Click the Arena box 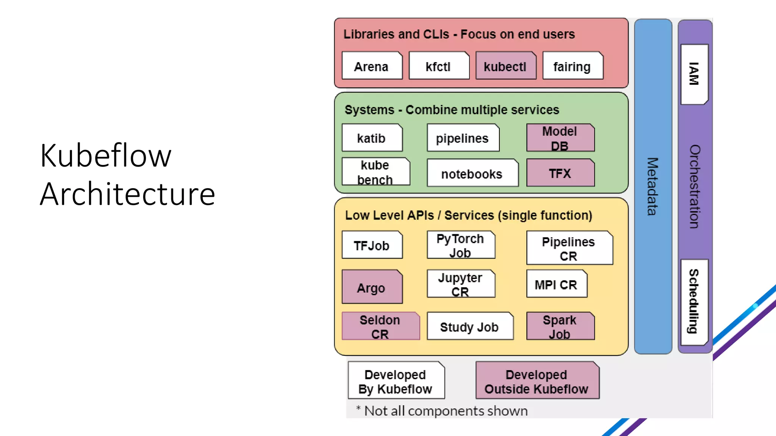[x=372, y=66]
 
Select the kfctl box [x=439, y=66]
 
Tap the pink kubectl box [x=505, y=66]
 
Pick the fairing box [x=573, y=66]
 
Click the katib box [x=372, y=138]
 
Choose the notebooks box [x=472, y=173]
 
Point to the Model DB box [x=560, y=138]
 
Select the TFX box [x=560, y=173]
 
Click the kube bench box [x=375, y=172]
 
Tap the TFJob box [x=372, y=245]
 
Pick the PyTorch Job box [x=461, y=245]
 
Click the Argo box [x=372, y=287]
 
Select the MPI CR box [x=556, y=284]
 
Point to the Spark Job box [x=560, y=326]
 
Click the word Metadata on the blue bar [x=652, y=186]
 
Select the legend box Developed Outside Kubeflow [x=537, y=381]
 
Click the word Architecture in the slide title [x=128, y=194]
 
